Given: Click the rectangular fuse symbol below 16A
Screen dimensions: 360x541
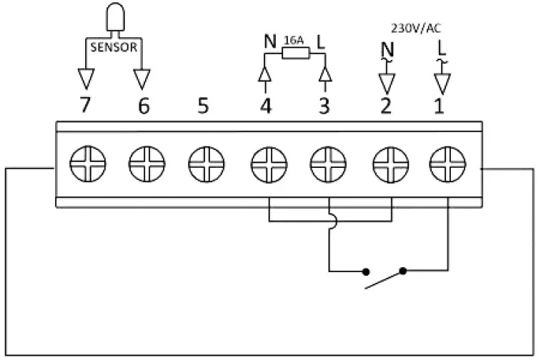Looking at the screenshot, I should click(294, 52).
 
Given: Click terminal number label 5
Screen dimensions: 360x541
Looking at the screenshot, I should click(204, 106).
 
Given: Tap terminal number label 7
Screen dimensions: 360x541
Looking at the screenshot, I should click(86, 106).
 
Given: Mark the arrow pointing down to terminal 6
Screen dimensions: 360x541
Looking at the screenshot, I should click(142, 77).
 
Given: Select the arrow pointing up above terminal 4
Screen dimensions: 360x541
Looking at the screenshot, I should click(265, 74).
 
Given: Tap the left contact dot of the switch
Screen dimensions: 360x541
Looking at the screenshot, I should click(366, 271).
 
